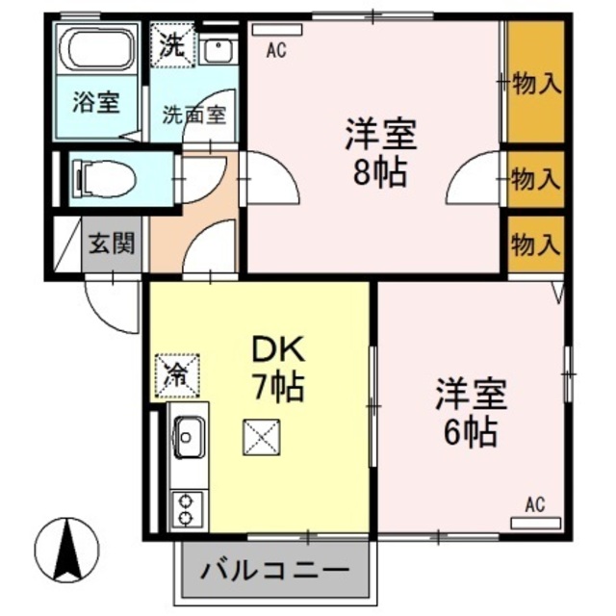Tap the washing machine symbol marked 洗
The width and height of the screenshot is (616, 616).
(172, 44)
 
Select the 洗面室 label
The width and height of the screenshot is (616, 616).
(192, 113)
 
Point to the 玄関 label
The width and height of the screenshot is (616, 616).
(112, 244)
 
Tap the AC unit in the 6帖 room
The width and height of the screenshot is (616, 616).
(535, 522)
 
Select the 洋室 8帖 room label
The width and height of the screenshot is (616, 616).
(380, 154)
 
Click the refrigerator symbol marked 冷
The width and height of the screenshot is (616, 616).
(176, 373)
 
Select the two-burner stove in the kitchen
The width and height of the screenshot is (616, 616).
(185, 509)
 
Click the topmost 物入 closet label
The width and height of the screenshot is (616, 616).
(536, 84)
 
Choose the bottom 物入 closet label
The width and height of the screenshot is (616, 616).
(536, 243)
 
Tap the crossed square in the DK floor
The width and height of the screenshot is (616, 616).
(261, 440)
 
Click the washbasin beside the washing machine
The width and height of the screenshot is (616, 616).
(218, 49)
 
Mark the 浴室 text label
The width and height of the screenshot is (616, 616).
(96, 102)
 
